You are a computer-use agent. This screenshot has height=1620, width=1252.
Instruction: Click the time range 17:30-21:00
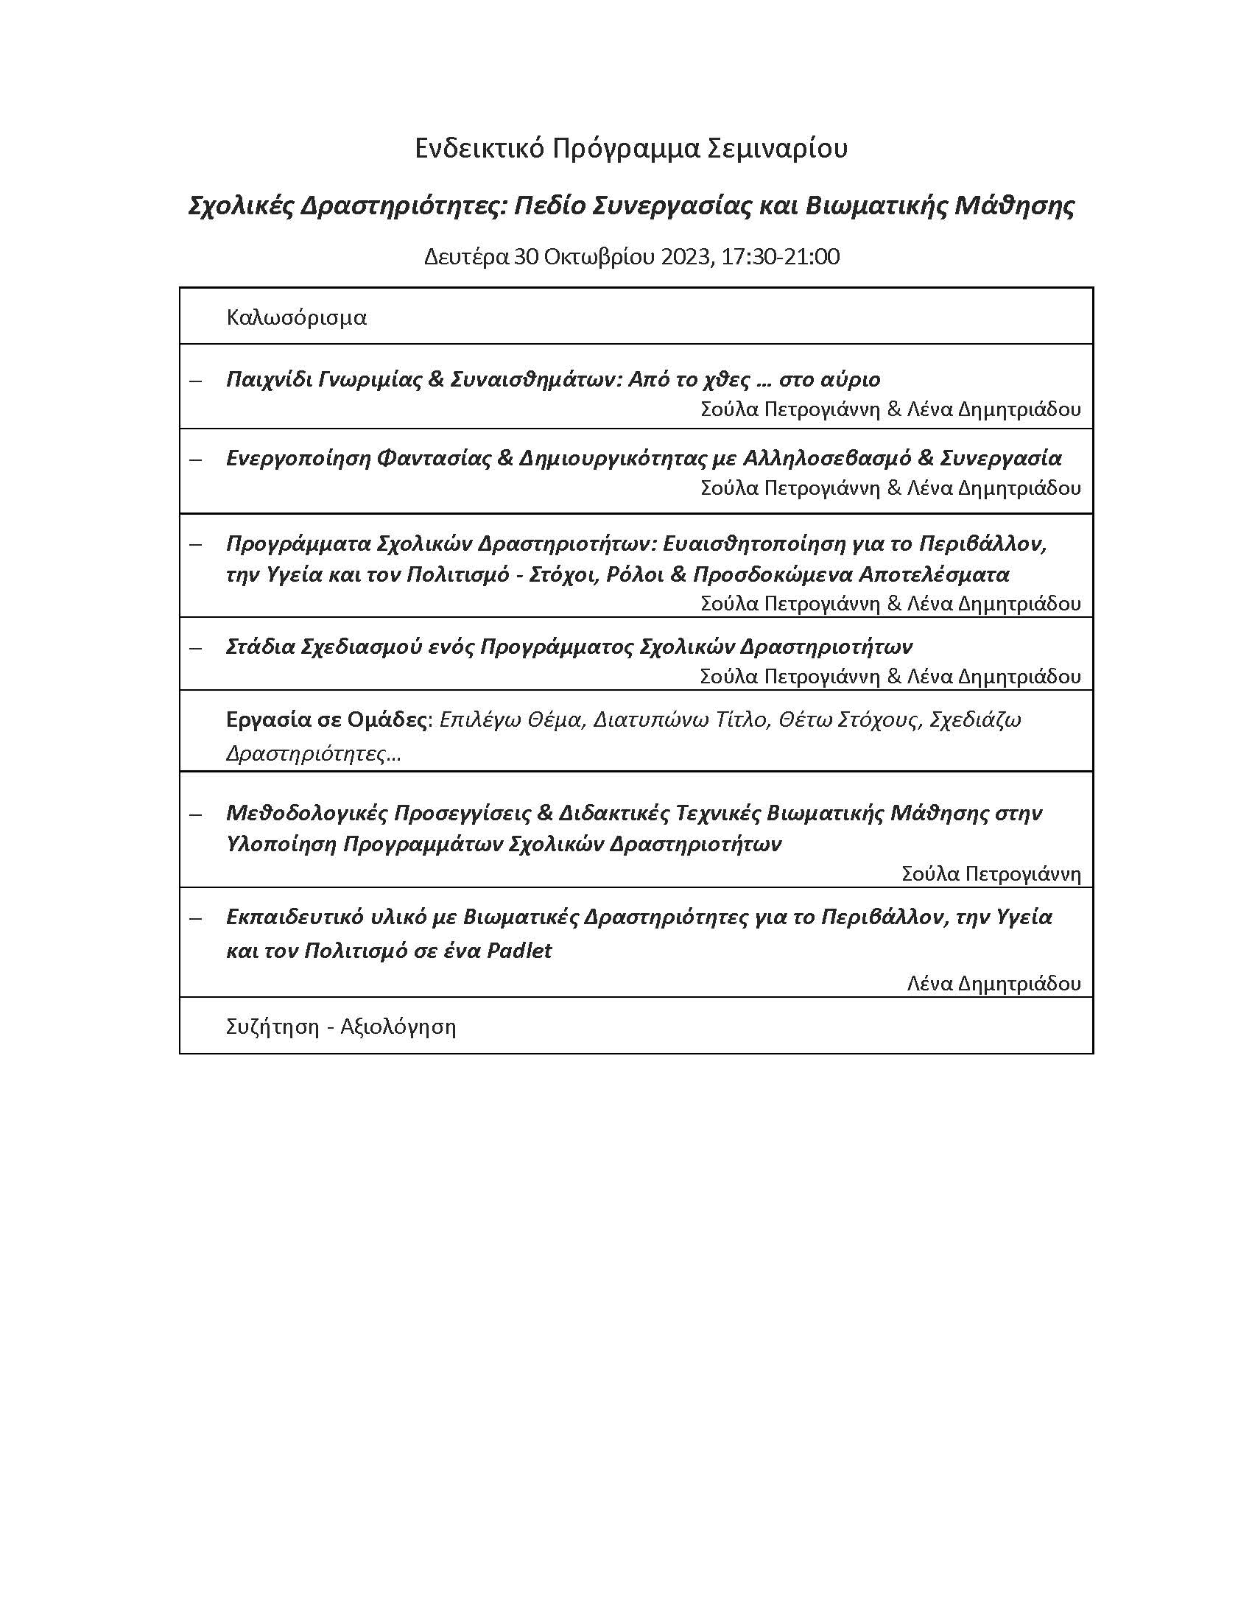pyautogui.click(x=780, y=258)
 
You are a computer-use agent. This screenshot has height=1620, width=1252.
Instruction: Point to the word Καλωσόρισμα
pyautogui.click(x=297, y=317)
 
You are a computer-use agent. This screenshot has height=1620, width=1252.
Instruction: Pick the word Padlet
pyautogui.click(x=519, y=951)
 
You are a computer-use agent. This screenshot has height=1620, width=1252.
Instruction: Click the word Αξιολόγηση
pyautogui.click(x=398, y=1026)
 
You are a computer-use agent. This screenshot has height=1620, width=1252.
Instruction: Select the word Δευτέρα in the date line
pyautogui.click(x=465, y=258)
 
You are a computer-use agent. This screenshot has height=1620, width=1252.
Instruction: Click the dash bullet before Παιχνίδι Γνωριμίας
pyautogui.click(x=196, y=381)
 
